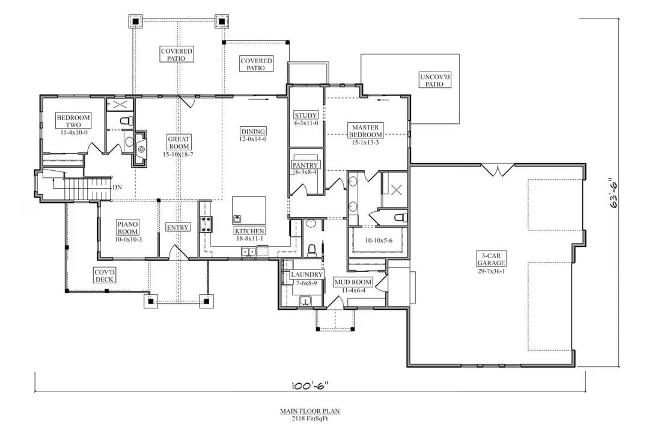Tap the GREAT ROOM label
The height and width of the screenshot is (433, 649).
(179, 143)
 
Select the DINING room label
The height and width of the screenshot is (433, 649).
(253, 132)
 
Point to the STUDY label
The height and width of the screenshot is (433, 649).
(305, 115)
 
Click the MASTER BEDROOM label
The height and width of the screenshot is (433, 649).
(365, 131)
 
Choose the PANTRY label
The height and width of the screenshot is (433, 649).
(305, 165)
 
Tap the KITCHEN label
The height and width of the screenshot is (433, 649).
(249, 231)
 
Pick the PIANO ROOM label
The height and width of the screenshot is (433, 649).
(127, 228)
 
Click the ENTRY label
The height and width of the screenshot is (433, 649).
(178, 227)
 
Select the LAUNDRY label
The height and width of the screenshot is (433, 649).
(307, 275)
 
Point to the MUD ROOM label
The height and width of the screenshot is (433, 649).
(354, 282)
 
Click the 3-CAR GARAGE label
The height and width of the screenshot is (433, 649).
(491, 259)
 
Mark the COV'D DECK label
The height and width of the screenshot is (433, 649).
(105, 276)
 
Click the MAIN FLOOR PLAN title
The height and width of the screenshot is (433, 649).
(309, 411)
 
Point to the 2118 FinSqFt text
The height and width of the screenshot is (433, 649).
(309, 419)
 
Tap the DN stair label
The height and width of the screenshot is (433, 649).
(118, 187)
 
